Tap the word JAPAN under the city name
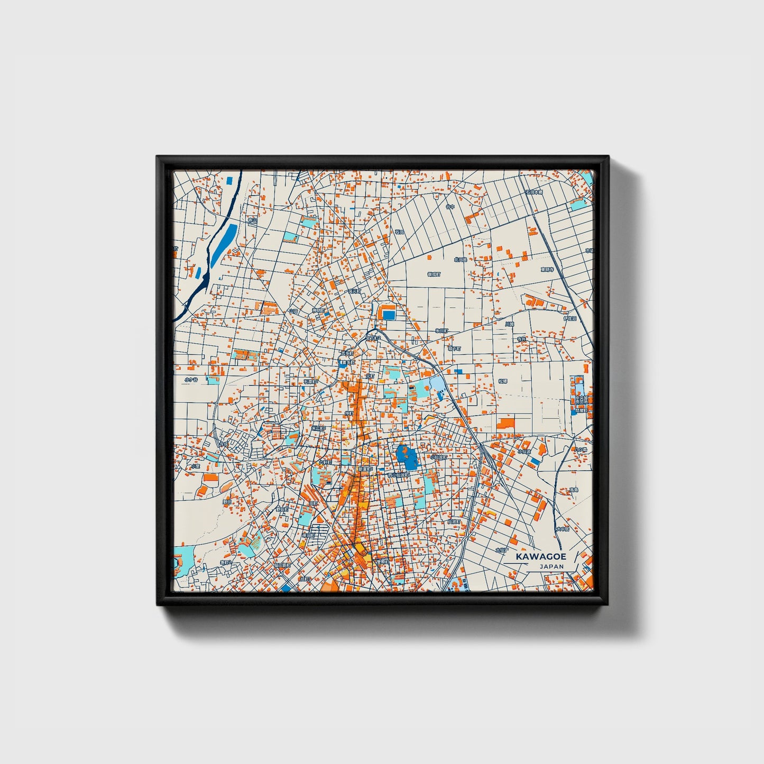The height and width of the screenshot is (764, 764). (551, 566)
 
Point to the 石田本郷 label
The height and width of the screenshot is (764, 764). (534, 192)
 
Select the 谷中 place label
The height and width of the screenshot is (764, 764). (450, 207)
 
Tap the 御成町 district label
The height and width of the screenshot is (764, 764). (434, 274)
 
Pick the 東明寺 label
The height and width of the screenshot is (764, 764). (547, 270)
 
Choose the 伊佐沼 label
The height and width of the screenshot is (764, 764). (570, 318)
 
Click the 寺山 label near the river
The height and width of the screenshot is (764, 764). (252, 220)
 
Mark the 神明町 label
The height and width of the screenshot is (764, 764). (318, 310)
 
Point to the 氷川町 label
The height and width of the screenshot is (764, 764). (441, 330)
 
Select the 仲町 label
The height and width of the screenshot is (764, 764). (349, 413)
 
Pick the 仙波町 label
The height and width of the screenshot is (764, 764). (454, 521)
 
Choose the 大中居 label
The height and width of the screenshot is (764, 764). (562, 529)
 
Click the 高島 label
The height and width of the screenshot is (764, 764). (573, 490)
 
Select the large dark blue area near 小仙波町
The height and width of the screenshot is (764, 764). (406, 457)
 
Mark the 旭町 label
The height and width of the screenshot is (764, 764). (305, 578)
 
